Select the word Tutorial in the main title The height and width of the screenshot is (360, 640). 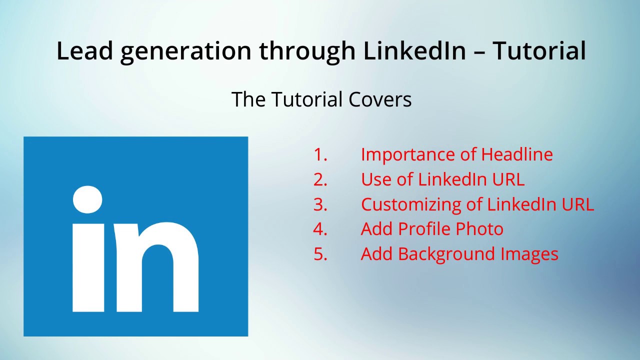(539, 51)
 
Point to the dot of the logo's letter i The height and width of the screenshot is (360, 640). (88, 200)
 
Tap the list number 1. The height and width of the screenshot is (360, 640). (320, 154)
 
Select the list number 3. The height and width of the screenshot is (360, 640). (320, 204)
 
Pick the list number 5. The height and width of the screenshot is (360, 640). (320, 254)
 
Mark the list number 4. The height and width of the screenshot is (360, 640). (320, 229)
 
